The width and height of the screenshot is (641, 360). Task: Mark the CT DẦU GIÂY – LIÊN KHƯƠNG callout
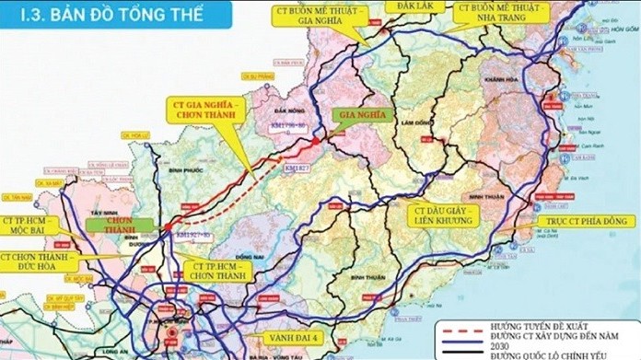442,215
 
